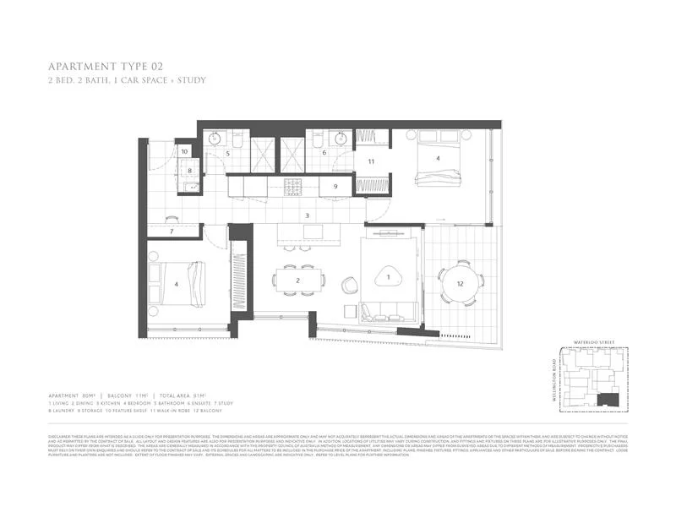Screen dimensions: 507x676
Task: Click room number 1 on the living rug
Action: tap(389, 276)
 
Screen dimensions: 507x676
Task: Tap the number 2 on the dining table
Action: tap(297, 281)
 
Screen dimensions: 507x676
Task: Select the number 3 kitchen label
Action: tap(308, 215)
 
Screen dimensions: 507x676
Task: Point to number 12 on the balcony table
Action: tap(461, 284)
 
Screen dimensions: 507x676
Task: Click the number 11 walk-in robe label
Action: tap(370, 160)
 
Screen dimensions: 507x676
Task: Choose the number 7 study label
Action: tap(172, 231)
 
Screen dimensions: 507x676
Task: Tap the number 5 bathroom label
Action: tap(227, 154)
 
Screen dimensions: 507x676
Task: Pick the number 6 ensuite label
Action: tap(324, 153)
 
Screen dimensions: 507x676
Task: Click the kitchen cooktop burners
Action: tap(295, 185)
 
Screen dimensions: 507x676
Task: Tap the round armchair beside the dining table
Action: tap(349, 286)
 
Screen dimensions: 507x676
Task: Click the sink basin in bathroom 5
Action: tap(215, 139)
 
